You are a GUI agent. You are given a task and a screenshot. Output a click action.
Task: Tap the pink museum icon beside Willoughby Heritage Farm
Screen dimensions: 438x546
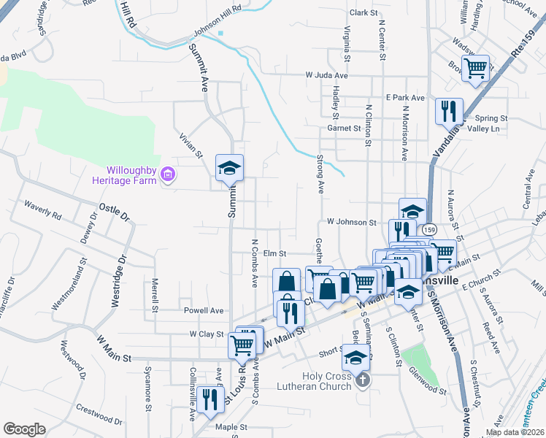click(x=169, y=174)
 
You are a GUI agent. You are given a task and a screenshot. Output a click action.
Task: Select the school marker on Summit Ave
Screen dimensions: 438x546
click(x=229, y=169)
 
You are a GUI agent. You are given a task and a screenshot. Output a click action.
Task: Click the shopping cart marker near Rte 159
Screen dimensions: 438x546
click(x=476, y=70)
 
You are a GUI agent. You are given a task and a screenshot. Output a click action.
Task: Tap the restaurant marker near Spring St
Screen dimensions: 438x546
click(x=449, y=112)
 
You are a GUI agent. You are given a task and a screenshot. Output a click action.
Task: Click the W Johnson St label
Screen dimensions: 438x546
click(x=351, y=221)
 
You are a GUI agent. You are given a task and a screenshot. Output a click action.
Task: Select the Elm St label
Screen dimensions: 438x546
click(x=273, y=253)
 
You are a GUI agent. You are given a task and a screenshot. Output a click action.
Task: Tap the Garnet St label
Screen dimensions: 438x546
click(x=344, y=128)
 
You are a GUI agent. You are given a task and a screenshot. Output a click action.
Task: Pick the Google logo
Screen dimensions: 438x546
click(x=25, y=429)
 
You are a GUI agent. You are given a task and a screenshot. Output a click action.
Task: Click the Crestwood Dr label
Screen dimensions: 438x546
click(x=99, y=413)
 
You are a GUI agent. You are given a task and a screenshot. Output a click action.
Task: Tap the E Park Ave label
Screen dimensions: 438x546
click(x=405, y=97)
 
